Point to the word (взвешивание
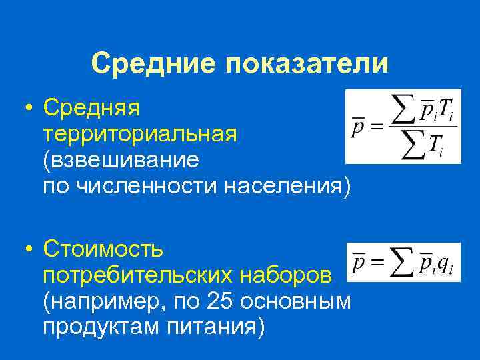pos(121,160)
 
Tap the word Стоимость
pos(103,249)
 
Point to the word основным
pos(295,301)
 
